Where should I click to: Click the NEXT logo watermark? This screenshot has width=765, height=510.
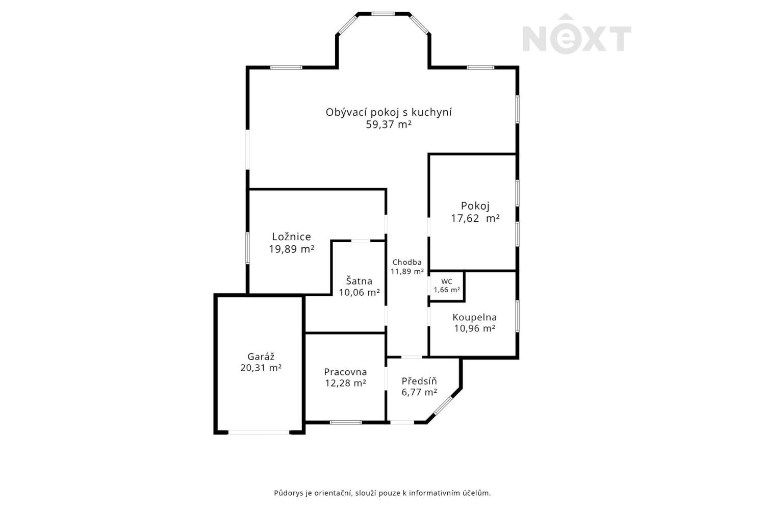577,34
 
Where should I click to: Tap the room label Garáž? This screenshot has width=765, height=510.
261,356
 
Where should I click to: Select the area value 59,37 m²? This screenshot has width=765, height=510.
389,124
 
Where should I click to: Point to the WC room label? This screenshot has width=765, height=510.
447,282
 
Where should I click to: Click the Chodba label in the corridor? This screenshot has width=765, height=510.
407,262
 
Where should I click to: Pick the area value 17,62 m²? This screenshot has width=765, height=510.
475,218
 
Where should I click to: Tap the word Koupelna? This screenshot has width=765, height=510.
475,317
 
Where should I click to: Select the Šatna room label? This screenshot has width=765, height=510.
359,281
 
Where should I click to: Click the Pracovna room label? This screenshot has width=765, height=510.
346,372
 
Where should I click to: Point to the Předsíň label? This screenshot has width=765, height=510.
419,381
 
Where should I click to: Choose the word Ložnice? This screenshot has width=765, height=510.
291,236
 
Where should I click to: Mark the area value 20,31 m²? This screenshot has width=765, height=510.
261,368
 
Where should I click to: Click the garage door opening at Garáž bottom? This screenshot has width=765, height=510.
259,432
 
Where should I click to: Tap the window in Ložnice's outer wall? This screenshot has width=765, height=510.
247,248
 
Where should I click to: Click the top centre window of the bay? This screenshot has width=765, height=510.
383,14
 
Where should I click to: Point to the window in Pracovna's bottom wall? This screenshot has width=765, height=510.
346,423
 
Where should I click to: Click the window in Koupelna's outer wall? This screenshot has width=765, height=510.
518,316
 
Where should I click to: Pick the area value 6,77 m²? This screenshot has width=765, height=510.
419,392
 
